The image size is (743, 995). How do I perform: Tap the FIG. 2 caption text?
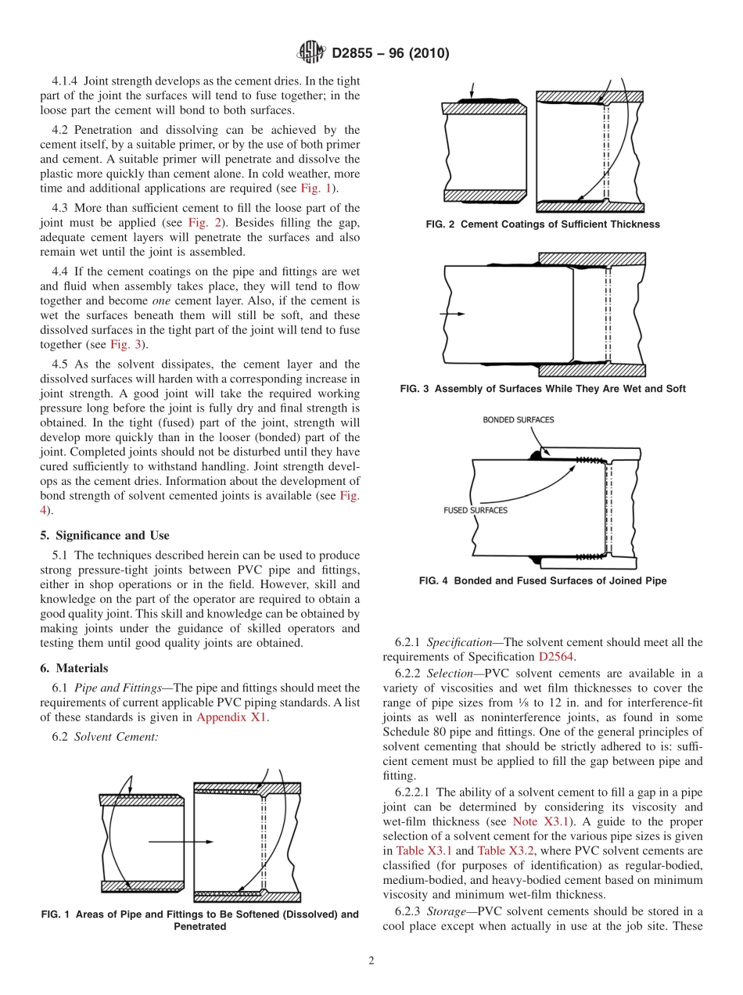543,225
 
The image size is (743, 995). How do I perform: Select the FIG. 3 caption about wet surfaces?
543,389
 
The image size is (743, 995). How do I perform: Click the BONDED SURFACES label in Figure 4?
518,420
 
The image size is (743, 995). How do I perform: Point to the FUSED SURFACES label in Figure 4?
476,510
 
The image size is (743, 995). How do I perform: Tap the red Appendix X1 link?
232,717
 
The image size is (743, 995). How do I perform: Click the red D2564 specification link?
556,657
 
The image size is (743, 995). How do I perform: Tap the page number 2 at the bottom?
371,961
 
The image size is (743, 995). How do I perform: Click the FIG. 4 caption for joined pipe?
543,581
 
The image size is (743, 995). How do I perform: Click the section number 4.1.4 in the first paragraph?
65,81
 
